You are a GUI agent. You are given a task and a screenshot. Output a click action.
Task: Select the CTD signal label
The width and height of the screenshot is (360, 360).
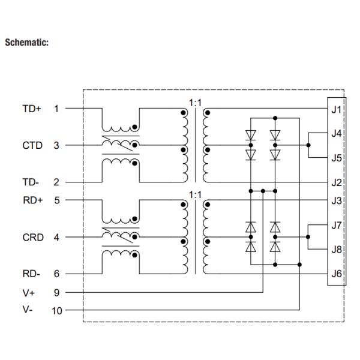[32, 145]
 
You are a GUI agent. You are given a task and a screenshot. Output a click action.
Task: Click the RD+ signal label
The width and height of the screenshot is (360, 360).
[31, 200]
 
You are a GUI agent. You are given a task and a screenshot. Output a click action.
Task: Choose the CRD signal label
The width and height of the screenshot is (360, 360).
[32, 237]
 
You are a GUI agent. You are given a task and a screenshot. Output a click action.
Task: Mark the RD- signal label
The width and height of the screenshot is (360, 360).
[31, 274]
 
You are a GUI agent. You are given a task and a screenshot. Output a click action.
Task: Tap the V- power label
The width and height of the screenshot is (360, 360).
[27, 311]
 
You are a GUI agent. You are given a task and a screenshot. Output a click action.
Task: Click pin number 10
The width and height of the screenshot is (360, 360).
[57, 311]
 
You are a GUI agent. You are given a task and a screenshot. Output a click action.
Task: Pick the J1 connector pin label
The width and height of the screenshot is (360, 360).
[336, 109]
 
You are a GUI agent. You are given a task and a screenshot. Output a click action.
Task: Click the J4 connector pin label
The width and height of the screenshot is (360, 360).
[336, 133]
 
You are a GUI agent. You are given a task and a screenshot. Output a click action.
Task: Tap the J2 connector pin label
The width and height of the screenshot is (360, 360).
[336, 181]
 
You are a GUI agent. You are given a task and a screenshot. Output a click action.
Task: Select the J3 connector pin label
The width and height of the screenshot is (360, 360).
[336, 200]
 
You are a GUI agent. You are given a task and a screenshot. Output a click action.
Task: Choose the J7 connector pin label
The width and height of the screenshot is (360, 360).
[336, 225]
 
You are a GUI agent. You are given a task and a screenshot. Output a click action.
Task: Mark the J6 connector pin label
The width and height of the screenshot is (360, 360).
[336, 274]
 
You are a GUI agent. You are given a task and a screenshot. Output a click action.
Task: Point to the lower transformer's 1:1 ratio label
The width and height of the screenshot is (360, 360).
[195, 194]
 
